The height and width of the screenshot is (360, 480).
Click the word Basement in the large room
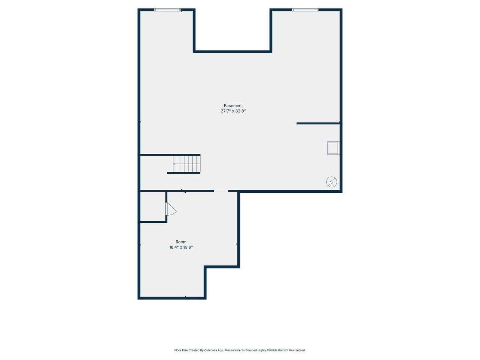tap(233, 106)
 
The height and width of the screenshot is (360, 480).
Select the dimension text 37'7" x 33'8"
tap(233, 111)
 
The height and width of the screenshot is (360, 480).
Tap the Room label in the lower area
tap(181, 242)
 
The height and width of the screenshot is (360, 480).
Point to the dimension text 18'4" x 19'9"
tap(181, 247)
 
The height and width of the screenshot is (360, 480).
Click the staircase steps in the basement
tap(187, 164)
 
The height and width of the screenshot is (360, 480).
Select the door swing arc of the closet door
tap(172, 209)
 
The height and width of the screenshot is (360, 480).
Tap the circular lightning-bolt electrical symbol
tap(331, 182)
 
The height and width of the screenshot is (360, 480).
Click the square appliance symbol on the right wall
tap(333, 148)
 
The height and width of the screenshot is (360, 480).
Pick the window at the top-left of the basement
tap(167, 10)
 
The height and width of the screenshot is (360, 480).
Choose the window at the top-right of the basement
tap(305, 10)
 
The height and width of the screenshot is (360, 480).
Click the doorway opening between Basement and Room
tap(221, 191)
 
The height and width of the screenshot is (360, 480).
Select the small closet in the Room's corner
tap(153, 207)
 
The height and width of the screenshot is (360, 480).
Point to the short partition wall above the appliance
tap(318, 123)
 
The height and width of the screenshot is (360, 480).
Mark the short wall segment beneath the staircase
tap(184, 173)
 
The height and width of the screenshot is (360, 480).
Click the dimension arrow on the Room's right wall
tap(237, 244)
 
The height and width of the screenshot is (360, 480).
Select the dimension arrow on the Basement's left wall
tap(141, 121)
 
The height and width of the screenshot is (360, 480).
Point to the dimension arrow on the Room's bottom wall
tap(185, 297)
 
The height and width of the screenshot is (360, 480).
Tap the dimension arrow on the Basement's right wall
tap(339, 121)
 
